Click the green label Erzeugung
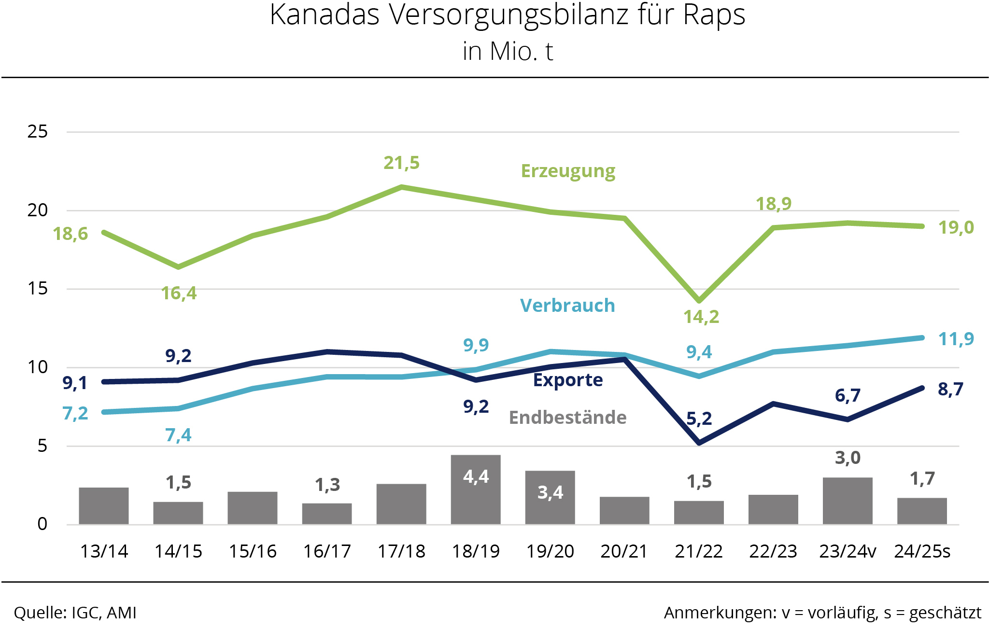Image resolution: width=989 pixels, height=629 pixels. (568, 171)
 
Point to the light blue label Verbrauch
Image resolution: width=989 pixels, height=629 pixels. (567, 306)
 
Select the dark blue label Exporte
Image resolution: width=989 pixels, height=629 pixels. (568, 380)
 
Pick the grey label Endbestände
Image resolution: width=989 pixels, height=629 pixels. (568, 418)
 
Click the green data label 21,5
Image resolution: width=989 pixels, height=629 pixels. (402, 163)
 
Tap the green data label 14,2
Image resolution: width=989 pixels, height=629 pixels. (701, 317)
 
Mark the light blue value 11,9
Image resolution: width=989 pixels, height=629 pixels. (956, 339)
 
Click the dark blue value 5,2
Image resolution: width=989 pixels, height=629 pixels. (699, 419)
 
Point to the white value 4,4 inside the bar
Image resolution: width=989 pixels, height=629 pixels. (476, 477)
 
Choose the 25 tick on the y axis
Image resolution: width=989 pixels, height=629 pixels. (38, 131)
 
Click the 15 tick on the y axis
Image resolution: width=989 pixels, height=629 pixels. (38, 289)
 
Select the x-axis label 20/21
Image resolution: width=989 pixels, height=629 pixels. (624, 551)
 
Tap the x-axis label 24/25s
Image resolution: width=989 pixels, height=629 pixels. (922, 551)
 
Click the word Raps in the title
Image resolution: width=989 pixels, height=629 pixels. (714, 15)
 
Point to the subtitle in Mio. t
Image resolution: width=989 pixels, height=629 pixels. (508, 52)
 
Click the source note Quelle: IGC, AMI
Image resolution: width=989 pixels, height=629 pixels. (75, 613)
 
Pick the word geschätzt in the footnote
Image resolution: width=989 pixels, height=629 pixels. (945, 613)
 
